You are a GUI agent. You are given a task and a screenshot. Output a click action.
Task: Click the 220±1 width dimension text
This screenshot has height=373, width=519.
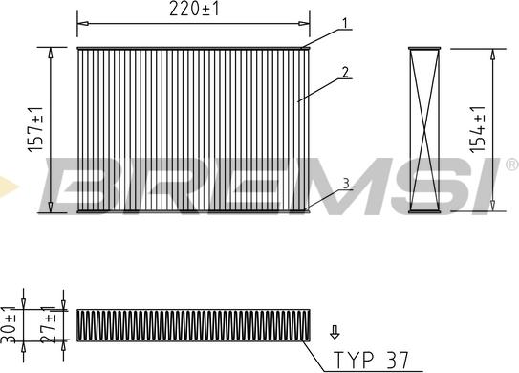pyautogui.click(x=194, y=9)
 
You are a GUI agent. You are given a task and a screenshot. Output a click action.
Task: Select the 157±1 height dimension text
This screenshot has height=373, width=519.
pyautogui.click(x=35, y=129)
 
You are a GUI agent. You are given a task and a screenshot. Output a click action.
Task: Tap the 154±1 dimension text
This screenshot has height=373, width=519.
pyautogui.click(x=478, y=129)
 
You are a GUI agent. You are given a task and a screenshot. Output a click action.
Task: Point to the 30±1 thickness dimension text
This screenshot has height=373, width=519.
pyautogui.click(x=9, y=324)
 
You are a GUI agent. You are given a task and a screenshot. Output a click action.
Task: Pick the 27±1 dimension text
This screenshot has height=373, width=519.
pyautogui.click(x=49, y=324)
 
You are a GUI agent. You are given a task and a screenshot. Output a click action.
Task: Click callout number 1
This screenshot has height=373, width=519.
pyautogui.click(x=344, y=23)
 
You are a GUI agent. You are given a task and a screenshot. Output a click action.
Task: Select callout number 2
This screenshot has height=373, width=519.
pyautogui.click(x=345, y=72)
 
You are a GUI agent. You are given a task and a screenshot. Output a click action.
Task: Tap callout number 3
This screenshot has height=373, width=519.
pyautogui.click(x=346, y=184)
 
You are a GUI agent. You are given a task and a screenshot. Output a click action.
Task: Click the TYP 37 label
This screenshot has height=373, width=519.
pyautogui.click(x=372, y=360)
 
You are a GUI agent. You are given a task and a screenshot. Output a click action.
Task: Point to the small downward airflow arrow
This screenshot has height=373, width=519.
pyautogui.click(x=335, y=332)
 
